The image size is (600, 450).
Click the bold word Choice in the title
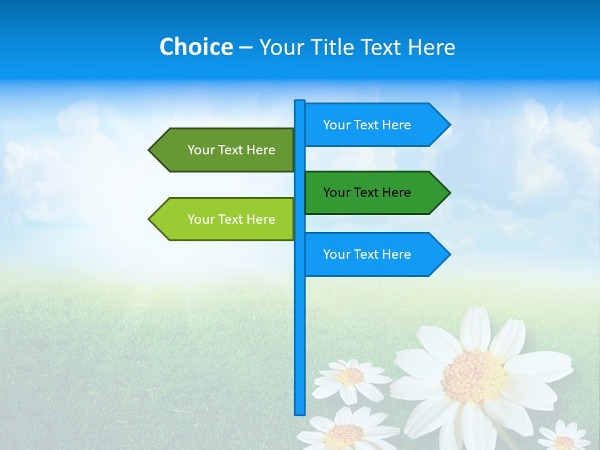click(x=196, y=47)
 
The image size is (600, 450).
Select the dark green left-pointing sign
click(x=225, y=150)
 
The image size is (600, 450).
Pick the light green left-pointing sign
click(x=225, y=219)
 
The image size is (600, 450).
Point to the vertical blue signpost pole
click(x=299, y=325)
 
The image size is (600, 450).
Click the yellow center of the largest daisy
click(x=473, y=376)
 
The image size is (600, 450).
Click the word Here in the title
click(x=432, y=47)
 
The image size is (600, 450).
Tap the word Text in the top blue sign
click(x=367, y=125)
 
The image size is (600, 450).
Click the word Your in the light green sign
click(x=200, y=219)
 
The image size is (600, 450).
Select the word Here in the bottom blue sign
click(x=397, y=254)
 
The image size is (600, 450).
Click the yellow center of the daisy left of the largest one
click(x=351, y=376)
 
